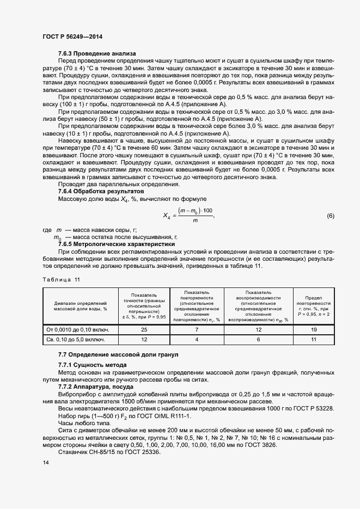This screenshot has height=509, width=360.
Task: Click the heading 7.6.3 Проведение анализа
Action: (97, 53)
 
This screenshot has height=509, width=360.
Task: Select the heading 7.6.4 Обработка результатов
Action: (101, 192)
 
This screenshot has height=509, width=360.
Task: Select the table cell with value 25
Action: (144, 329)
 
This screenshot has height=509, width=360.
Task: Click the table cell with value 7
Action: (197, 329)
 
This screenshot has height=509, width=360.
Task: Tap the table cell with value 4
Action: (197, 340)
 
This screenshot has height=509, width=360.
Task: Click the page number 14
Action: (45, 462)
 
